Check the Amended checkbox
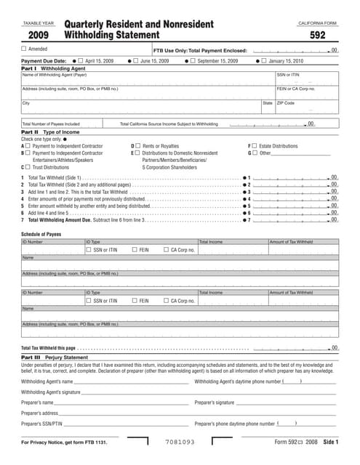(24, 49)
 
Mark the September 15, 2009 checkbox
(193, 61)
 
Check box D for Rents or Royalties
(137, 146)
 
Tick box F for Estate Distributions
(255, 146)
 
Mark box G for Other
(255, 153)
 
